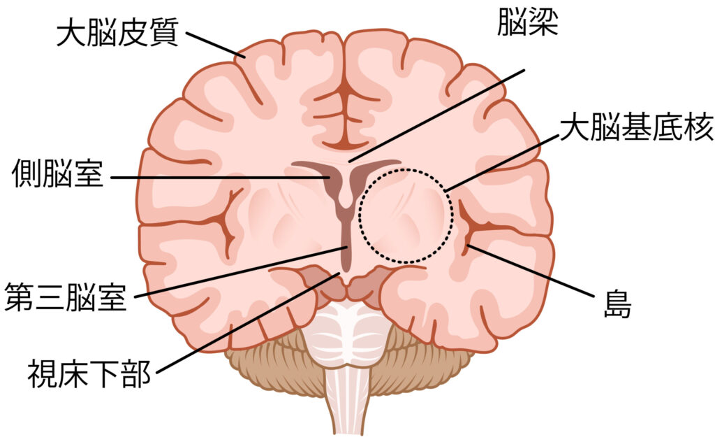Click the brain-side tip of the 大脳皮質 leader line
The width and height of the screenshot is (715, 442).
tap(245, 57)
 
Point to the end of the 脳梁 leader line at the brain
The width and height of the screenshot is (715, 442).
tap(349, 162)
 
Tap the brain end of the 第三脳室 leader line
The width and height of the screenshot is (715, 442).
tap(348, 248)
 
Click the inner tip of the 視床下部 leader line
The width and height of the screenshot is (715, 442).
tap(340, 273)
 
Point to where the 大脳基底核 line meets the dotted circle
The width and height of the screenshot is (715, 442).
tap(446, 190)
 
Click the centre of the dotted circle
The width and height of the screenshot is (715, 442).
tap(406, 216)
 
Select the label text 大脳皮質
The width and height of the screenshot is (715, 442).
tap(117, 32)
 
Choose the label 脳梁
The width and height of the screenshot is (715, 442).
tap(528, 22)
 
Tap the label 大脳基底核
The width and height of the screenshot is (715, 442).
tap(637, 127)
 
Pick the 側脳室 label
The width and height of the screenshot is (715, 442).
tap(58, 174)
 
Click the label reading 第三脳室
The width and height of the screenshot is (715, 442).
tap(66, 297)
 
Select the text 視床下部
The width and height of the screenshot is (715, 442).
tap(89, 373)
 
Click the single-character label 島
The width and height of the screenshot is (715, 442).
tap(618, 304)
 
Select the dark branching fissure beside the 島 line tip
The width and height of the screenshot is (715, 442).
tap(479, 226)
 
